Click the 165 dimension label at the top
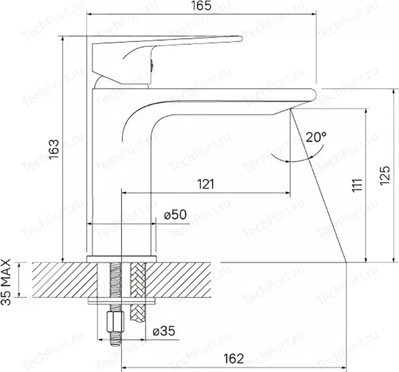pyautogui.click(x=201, y=6)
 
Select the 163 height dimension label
pyautogui.click(x=54, y=149)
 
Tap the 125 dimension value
pyautogui.click(x=385, y=176)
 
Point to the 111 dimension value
pyautogui.click(x=357, y=185)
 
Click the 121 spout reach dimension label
pyautogui.click(x=206, y=184)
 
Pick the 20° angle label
pyautogui.click(x=316, y=137)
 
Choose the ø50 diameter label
pyautogui.click(x=175, y=214)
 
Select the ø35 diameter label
pyautogui.click(x=164, y=331)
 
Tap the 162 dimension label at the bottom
pyautogui.click(x=233, y=359)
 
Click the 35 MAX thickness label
pyautogui.click(x=5, y=282)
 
